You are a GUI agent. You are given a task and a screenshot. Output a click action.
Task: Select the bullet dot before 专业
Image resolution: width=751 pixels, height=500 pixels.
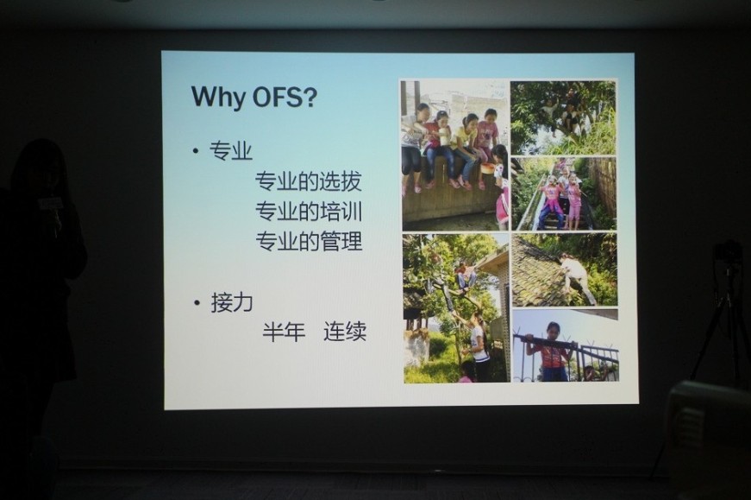[x=196, y=152]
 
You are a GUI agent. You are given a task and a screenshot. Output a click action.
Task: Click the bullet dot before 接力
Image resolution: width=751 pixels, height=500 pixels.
[x=197, y=303]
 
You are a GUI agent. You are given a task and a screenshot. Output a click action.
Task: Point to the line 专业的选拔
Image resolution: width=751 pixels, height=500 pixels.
[x=308, y=181]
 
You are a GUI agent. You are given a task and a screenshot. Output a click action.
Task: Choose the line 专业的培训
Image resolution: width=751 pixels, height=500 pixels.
[x=308, y=211]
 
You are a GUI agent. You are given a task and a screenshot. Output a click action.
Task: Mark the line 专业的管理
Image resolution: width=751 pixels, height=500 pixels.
[x=309, y=241]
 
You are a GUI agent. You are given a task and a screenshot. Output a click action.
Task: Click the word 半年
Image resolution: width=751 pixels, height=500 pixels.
[x=284, y=332]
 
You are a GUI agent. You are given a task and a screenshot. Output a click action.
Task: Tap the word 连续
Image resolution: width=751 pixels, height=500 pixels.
[x=345, y=332]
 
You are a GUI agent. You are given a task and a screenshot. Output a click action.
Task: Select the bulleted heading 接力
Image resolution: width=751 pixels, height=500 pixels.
[x=232, y=303]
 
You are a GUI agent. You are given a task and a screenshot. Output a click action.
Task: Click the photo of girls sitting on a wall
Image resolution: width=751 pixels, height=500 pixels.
[x=454, y=155]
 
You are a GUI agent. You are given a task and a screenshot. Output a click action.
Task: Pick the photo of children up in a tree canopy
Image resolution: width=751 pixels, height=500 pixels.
[x=563, y=117]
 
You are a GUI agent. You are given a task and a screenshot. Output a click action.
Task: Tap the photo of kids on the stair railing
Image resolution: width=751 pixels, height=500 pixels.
[x=564, y=193]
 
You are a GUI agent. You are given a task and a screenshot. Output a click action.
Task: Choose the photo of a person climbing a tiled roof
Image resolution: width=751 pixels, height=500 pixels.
[x=565, y=270]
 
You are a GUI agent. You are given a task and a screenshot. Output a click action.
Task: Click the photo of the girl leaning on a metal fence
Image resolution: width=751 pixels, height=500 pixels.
[x=565, y=346]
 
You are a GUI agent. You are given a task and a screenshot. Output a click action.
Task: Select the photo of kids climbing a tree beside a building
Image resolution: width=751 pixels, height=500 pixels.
[x=456, y=308]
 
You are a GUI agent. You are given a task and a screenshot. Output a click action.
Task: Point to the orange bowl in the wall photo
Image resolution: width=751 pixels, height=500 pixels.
[x=488, y=168]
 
